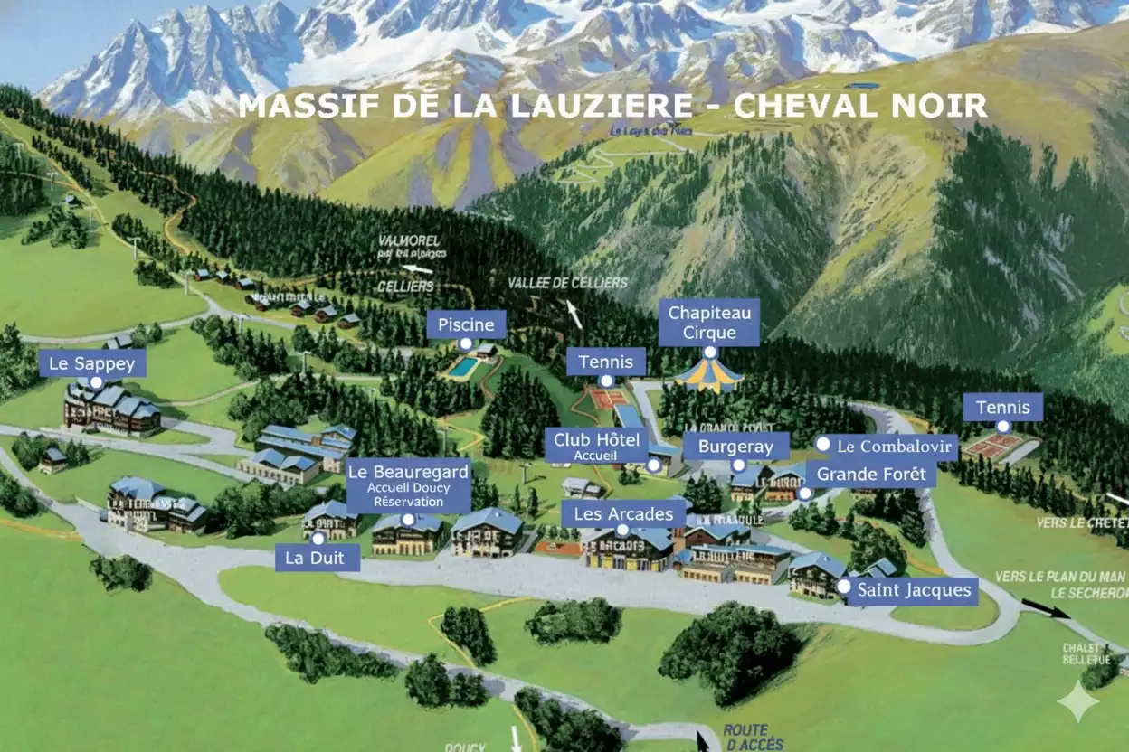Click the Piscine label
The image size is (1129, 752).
tap(466, 324)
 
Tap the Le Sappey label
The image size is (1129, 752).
tap(92, 364)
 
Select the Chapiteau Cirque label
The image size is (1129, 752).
tap(709, 323)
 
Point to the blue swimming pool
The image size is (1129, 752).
tap(463, 367)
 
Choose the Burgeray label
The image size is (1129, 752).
tap(735, 446)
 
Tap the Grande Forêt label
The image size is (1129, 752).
tap(871, 474)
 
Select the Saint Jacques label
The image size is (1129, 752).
tap(914, 591)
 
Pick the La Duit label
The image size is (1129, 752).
tap(315, 558)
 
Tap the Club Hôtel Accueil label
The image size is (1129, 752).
tap(596, 445)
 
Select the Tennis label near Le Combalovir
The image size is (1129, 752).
tap(1001, 407)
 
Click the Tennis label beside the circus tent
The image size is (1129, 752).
tap(606, 362)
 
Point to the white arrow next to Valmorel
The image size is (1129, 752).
tap(416, 268)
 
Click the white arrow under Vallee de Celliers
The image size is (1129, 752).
tap(574, 314)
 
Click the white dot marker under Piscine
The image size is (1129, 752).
tap(466, 344)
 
